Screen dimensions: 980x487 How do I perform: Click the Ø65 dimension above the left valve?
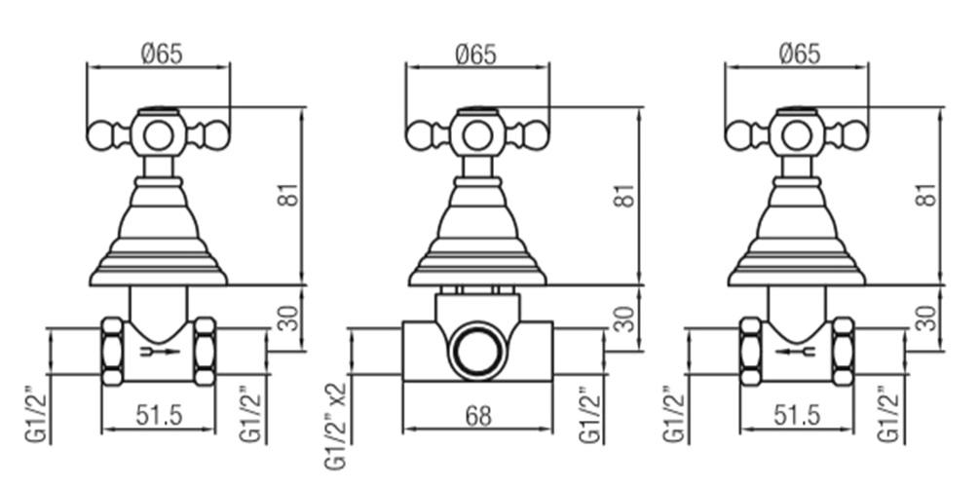163,55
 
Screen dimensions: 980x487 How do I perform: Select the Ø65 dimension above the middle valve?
476,55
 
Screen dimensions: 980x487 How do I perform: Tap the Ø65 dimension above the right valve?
800,55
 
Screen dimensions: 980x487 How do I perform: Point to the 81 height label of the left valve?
289,195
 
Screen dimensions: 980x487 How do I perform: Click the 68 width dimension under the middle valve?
478,416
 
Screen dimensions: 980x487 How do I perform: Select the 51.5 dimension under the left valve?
159,415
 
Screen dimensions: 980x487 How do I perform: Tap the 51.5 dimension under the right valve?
796,415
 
